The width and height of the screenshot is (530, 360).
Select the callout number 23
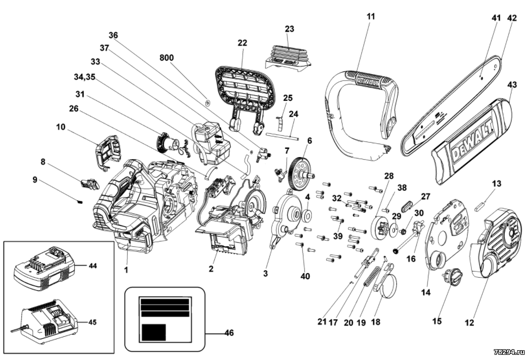tap(289, 29)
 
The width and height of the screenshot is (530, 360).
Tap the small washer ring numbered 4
tap(307, 214)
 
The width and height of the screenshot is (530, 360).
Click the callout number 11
tap(371, 16)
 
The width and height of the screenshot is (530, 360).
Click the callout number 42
tap(512, 18)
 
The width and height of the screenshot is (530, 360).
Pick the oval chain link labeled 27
tap(407, 205)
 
